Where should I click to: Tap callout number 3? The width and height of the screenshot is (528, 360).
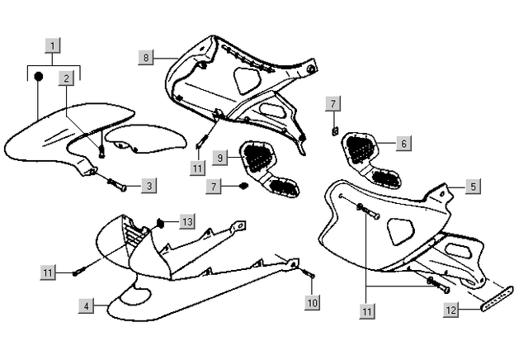click(148, 186)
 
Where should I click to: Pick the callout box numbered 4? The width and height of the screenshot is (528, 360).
click(86, 306)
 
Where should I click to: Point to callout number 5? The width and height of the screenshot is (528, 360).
click(473, 187)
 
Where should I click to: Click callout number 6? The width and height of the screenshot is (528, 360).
click(403, 143)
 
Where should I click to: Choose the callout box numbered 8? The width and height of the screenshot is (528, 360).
click(147, 57)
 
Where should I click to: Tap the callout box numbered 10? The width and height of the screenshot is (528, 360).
click(311, 303)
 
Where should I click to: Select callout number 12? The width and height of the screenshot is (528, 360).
click(450, 310)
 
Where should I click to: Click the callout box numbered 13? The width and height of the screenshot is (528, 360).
click(187, 221)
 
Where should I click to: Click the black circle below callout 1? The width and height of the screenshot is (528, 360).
click(38, 77)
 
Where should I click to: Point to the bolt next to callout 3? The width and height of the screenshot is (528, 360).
click(116, 183)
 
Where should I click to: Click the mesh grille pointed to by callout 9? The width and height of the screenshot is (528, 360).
click(257, 154)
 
